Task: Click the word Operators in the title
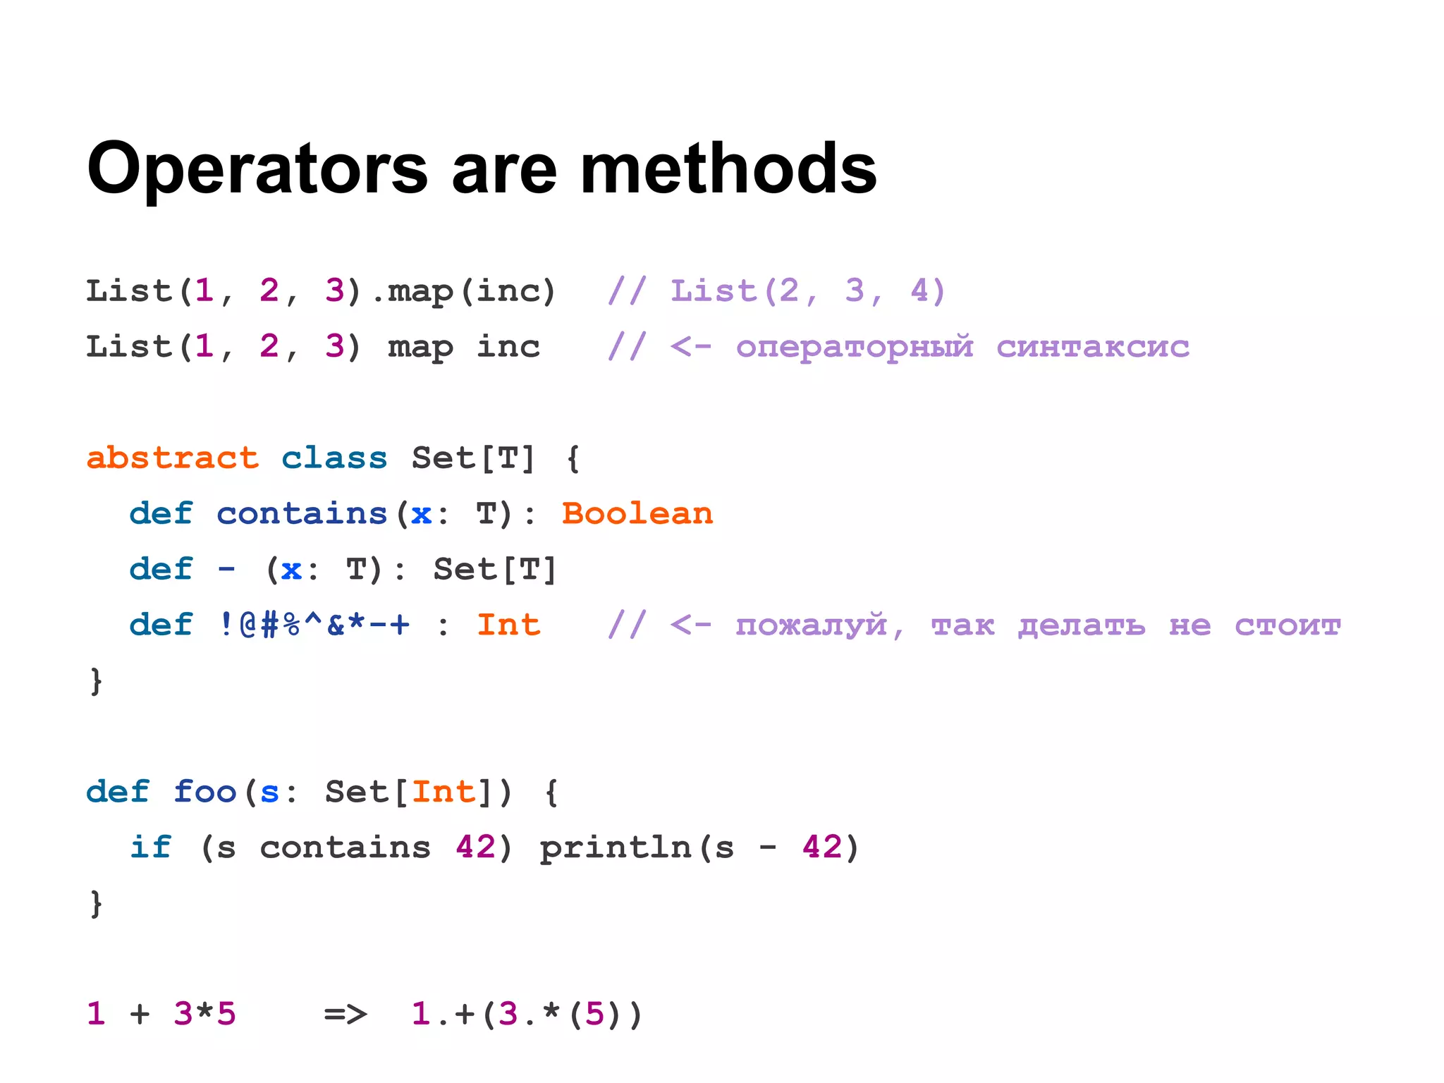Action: (x=257, y=169)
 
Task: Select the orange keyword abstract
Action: (x=173, y=458)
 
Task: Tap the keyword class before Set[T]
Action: (x=334, y=458)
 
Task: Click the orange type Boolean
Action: (x=637, y=514)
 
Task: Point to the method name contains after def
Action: (x=302, y=514)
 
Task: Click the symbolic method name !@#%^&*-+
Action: (x=314, y=625)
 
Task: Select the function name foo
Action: (x=204, y=792)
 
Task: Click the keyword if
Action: (x=150, y=848)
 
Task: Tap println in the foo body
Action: (x=616, y=848)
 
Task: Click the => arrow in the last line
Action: (x=345, y=1015)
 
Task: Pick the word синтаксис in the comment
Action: (x=1092, y=347)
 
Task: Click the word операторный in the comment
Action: (x=855, y=347)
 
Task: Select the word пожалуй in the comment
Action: (x=811, y=625)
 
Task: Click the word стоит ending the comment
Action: (x=1287, y=625)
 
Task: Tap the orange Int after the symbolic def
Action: (x=508, y=625)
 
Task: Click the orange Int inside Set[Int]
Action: (x=443, y=792)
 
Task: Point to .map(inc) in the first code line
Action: (x=464, y=291)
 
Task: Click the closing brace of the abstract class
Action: (x=96, y=682)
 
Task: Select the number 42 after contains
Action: (x=476, y=848)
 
